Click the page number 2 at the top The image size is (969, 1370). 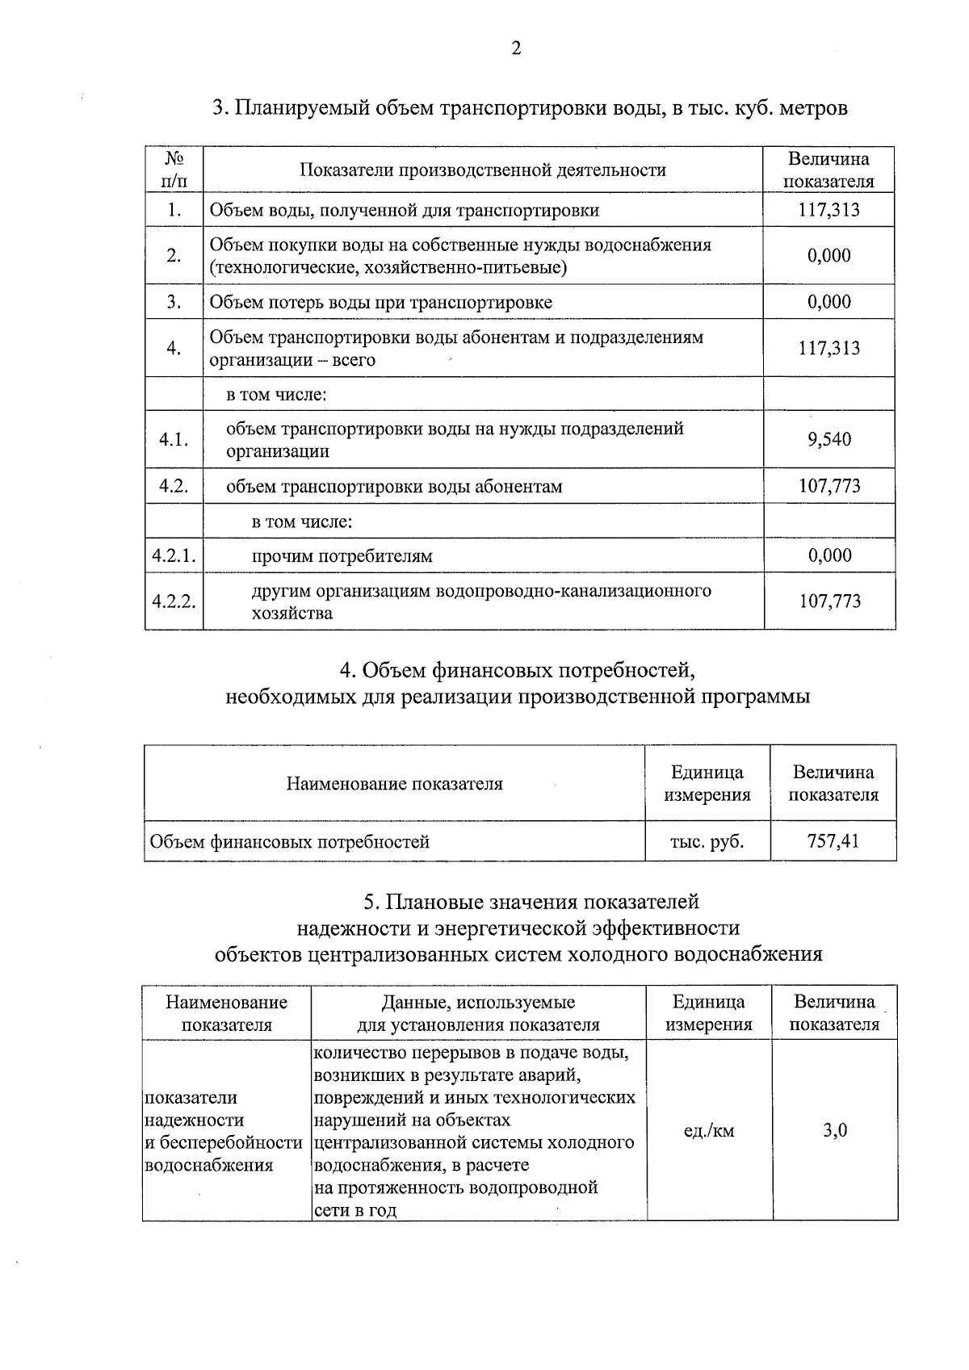516,49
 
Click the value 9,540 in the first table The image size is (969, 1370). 829,440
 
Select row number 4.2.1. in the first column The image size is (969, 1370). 174,556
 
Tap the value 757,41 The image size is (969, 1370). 833,841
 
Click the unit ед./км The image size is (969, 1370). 708,1130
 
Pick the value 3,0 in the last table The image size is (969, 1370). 835,1130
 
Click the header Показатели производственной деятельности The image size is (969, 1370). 483,170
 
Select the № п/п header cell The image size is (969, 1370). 174,170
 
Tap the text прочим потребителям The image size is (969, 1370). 342,556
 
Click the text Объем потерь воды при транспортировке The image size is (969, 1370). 381,303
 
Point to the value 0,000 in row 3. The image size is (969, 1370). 829,302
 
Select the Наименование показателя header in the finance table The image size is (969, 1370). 394,784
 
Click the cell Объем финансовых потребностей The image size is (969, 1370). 290,842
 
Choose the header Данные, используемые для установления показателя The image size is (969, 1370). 478,1013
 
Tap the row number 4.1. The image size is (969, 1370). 174,440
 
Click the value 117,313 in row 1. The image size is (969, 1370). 829,211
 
